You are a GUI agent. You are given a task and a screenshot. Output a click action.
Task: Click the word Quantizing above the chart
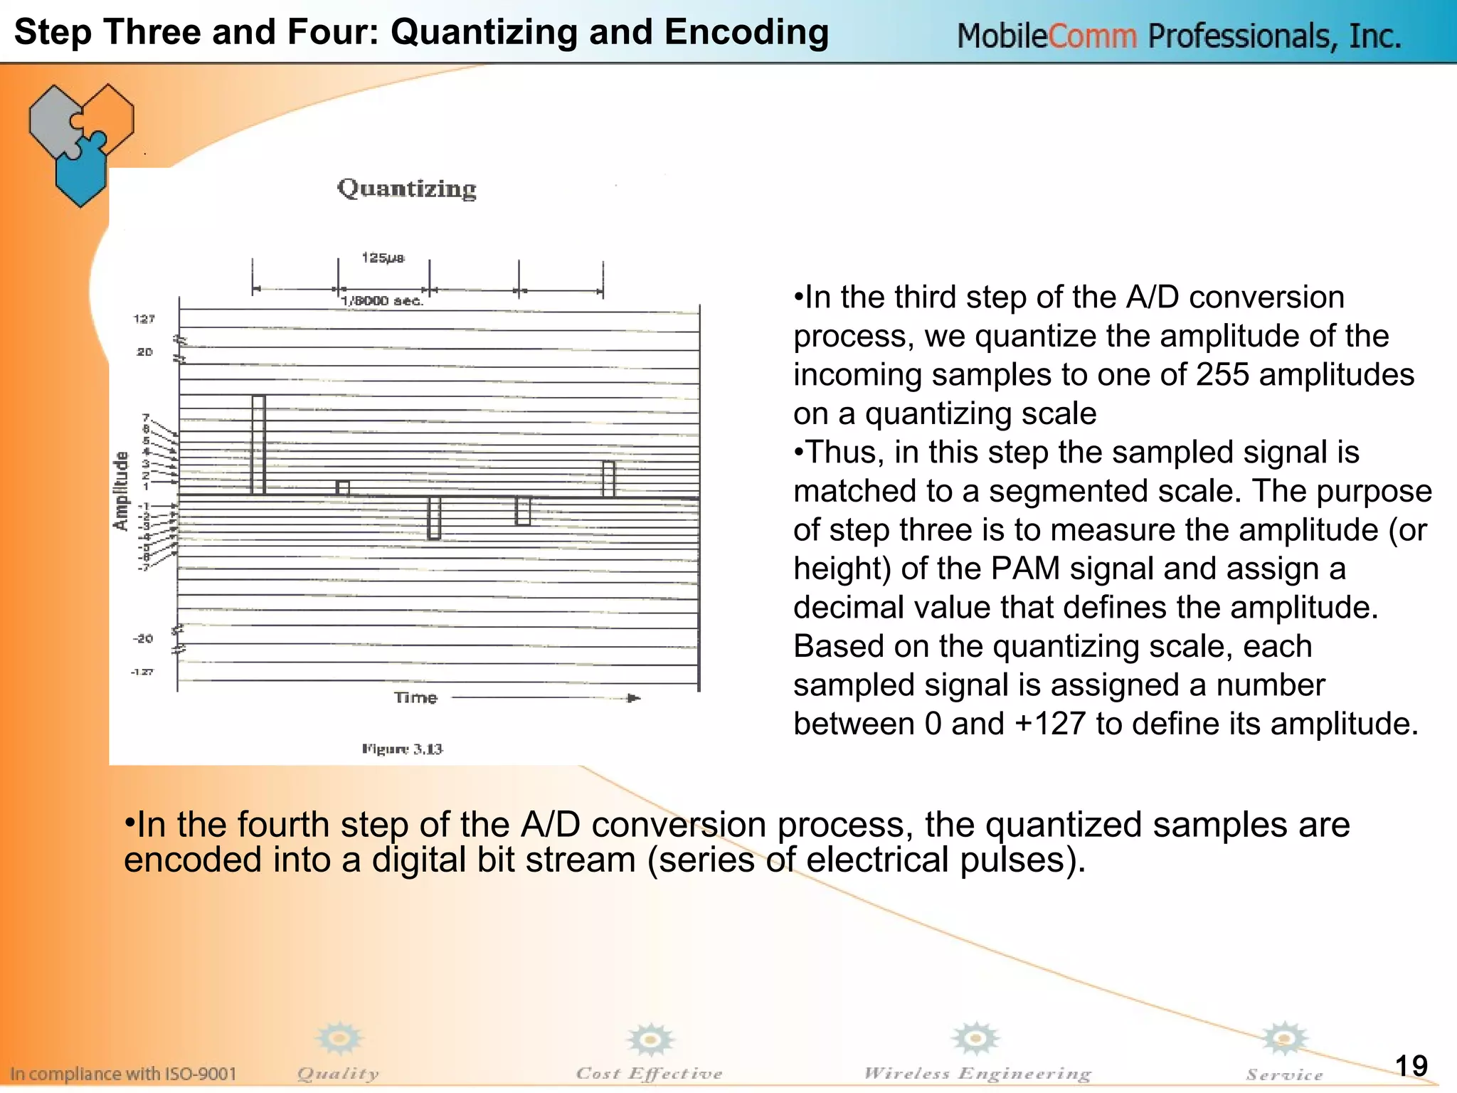[x=406, y=189]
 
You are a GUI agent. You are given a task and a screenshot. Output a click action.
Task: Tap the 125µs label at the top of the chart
[x=383, y=258]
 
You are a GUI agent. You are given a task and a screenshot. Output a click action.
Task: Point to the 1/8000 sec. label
[x=382, y=301]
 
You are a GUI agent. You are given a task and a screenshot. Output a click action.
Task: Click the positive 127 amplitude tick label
[x=144, y=319]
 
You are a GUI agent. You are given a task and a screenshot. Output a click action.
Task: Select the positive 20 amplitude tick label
[x=144, y=352]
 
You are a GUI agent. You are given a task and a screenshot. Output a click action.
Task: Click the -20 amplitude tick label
[x=142, y=638]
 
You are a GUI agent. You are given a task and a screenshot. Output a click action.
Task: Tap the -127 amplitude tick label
[x=142, y=672]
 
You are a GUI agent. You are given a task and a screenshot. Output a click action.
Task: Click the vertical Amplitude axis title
[x=122, y=490]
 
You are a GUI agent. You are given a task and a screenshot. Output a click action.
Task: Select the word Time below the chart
[x=415, y=697]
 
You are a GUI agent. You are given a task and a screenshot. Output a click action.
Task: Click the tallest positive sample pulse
[x=258, y=444]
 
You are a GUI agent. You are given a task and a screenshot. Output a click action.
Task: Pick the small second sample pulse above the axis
[x=343, y=487]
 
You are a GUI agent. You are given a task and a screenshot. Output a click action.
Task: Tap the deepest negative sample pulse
[x=434, y=518]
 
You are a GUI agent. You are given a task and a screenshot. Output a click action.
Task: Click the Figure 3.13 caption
[x=402, y=749]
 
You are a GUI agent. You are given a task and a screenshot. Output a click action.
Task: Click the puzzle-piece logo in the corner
[x=80, y=143]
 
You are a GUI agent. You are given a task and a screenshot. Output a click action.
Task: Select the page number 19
[x=1411, y=1065]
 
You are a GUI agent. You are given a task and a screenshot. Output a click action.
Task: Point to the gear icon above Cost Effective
[x=650, y=1040]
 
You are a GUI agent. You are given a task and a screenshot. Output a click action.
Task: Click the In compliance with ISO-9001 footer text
[x=123, y=1073]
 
